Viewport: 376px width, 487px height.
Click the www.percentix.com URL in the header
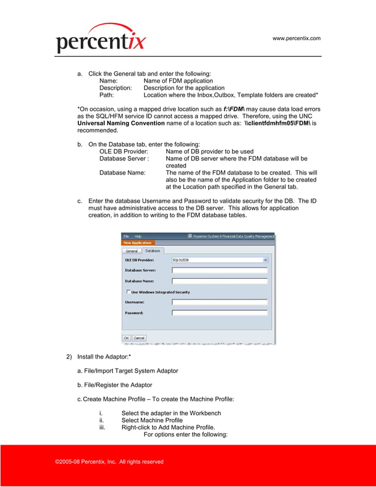click(296, 38)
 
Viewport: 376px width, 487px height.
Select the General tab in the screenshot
click(131, 251)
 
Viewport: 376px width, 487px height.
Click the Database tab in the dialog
click(152, 251)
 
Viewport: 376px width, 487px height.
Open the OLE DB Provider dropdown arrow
click(265, 259)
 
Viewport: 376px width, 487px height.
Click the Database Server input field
click(219, 270)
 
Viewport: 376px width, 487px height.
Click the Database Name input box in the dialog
click(219, 281)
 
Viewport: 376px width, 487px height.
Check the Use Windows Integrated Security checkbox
click(128, 292)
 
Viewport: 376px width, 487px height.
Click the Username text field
click(219, 302)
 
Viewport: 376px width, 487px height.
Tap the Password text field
click(219, 312)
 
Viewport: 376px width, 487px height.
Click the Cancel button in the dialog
click(139, 338)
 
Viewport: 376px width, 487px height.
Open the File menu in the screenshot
click(126, 236)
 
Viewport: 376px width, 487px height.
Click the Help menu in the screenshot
click(138, 236)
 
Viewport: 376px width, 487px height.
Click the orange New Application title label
click(137, 242)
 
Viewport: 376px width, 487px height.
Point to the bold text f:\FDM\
click(238, 109)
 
